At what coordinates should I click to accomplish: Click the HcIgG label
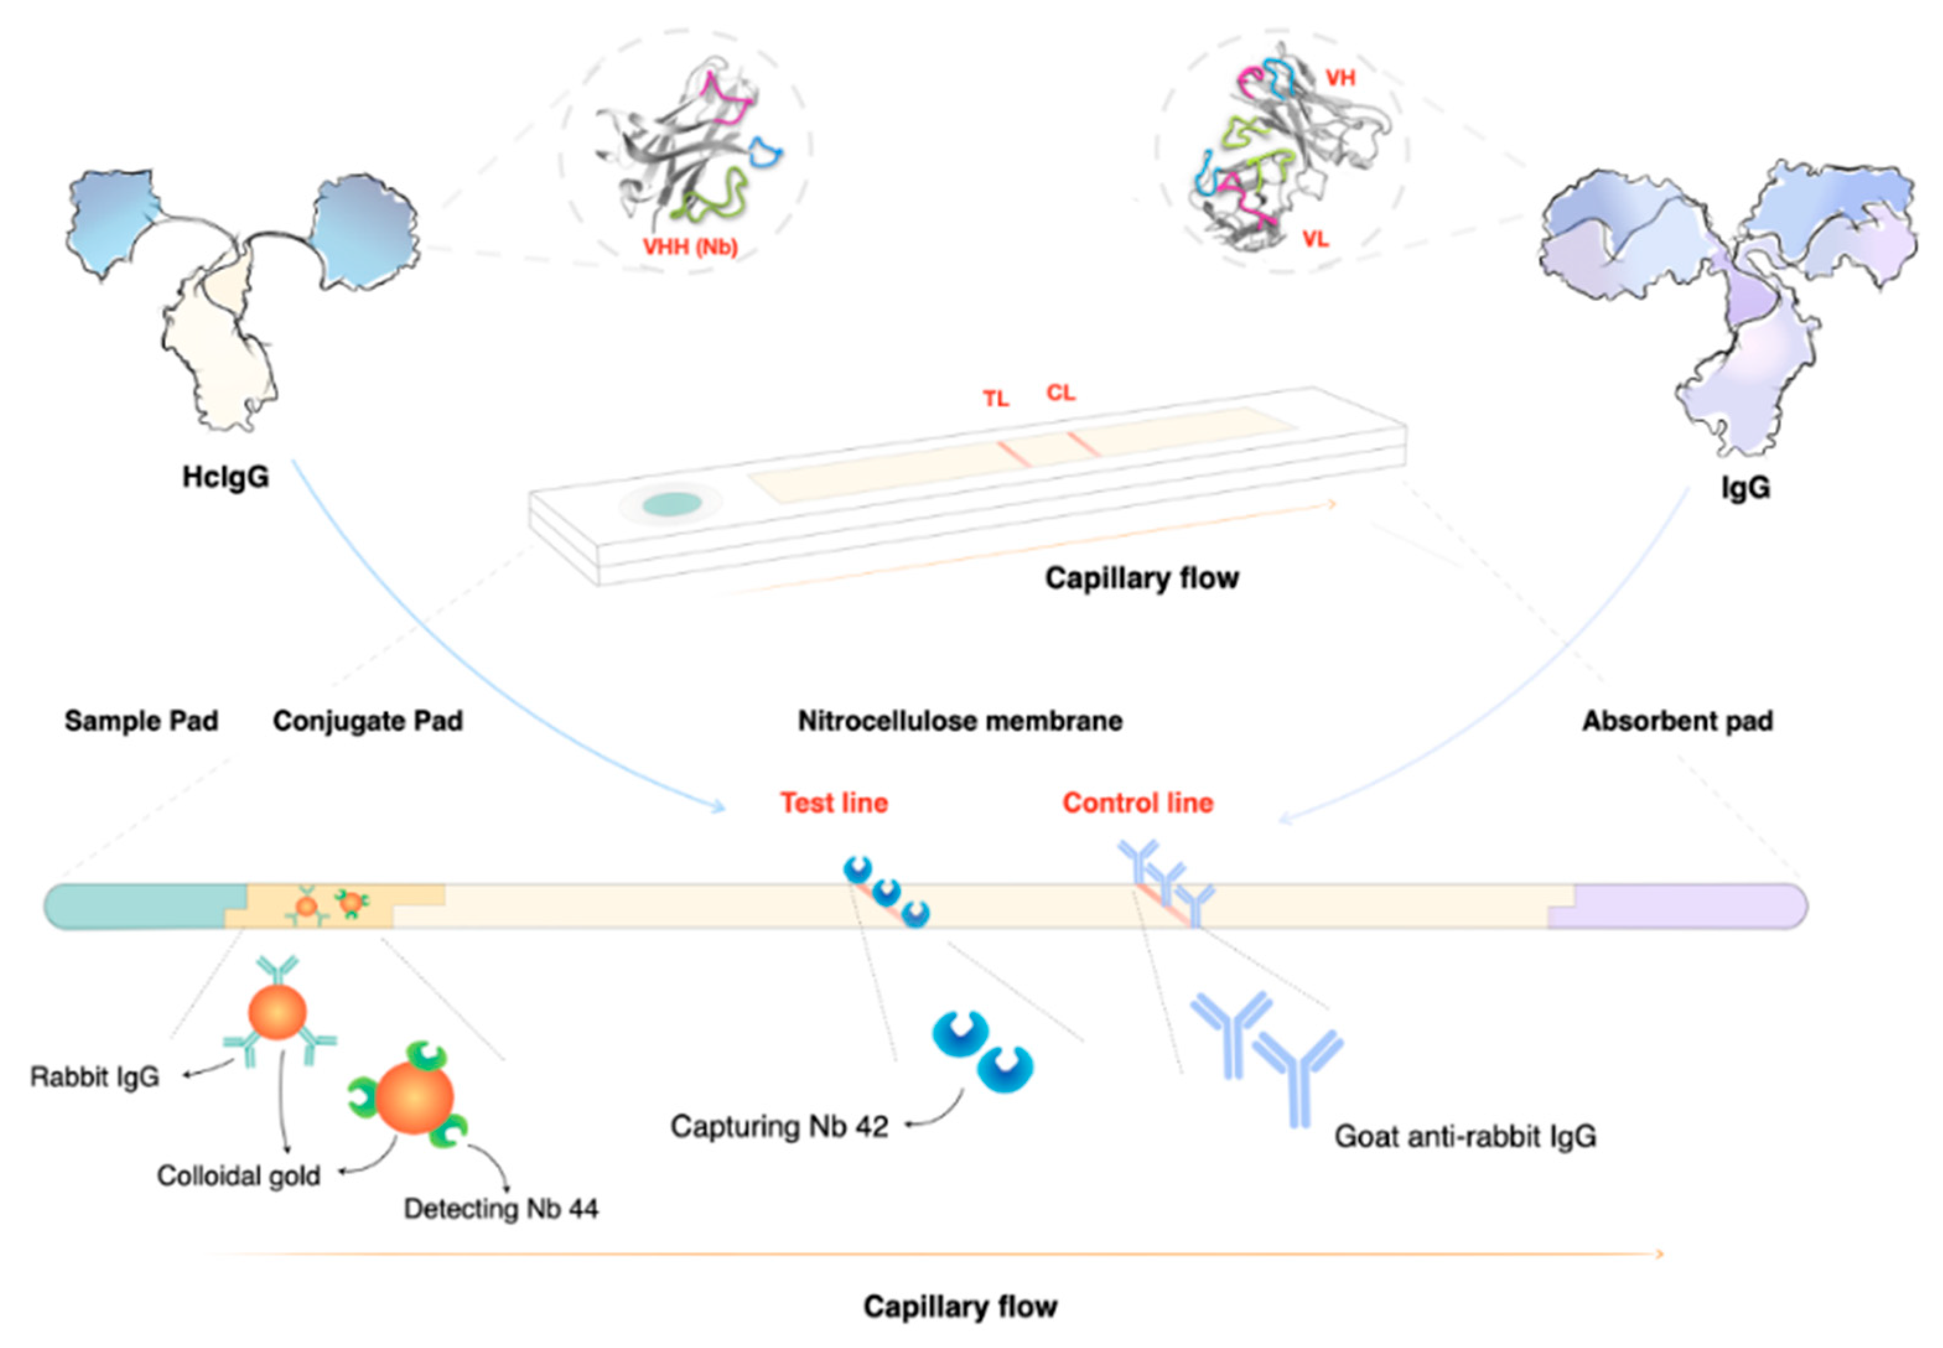(x=225, y=477)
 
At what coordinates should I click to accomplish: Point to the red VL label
(x=1316, y=240)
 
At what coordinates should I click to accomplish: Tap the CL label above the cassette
(x=1060, y=393)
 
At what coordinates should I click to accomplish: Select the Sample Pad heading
(x=141, y=721)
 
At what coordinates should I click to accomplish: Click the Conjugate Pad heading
(x=367, y=721)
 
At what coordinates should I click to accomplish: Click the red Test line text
(x=834, y=802)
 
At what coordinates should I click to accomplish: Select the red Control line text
(x=1137, y=802)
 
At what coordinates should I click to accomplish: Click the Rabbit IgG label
(x=95, y=1077)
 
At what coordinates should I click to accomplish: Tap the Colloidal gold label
(x=238, y=1176)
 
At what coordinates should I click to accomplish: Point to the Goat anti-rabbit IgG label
(x=1465, y=1137)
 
